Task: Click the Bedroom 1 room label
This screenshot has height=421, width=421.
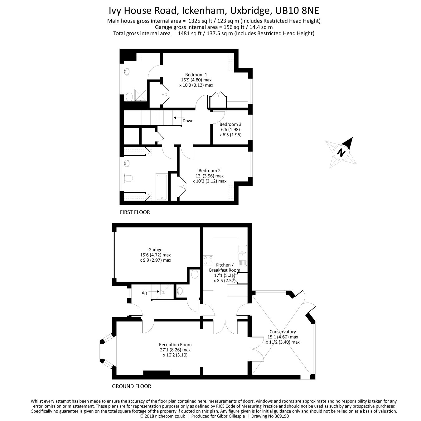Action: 196,75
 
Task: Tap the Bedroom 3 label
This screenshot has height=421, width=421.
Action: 230,124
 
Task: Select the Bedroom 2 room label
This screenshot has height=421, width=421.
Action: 209,171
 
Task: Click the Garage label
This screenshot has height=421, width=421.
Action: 155,250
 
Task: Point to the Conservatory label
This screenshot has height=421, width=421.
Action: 283,331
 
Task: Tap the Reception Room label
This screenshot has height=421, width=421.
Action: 175,345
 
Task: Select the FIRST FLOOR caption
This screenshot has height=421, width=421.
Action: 135,212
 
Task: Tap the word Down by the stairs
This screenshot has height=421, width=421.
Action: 188,121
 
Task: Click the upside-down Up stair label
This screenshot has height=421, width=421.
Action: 144,293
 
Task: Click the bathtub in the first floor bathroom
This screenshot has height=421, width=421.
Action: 162,187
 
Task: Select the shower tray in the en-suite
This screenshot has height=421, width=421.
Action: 140,95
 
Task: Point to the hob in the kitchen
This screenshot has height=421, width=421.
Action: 208,260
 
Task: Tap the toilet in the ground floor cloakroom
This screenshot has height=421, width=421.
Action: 194,274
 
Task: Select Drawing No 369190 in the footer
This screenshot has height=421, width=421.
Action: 270,416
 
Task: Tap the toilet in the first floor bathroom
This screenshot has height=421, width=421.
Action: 128,178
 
